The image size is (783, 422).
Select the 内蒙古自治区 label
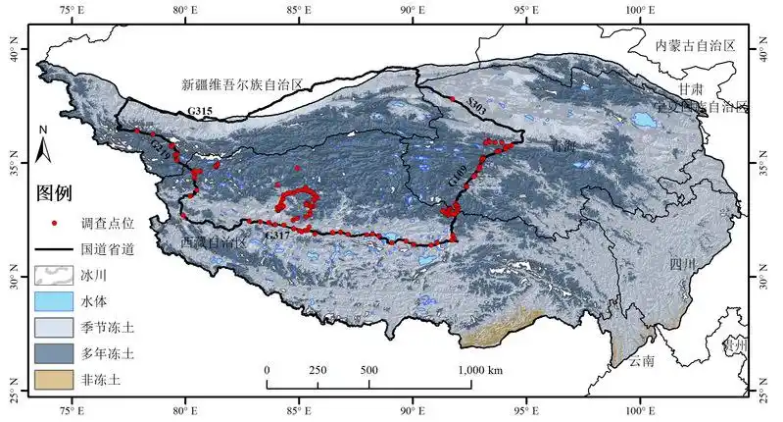(x=694, y=45)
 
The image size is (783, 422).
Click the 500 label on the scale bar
(x=368, y=370)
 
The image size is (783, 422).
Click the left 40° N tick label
(x=16, y=55)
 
